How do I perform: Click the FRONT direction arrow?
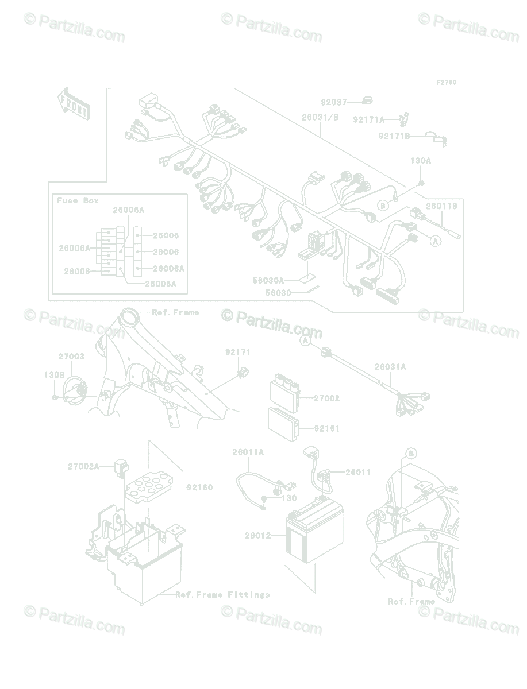(72, 103)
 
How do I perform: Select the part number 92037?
(333, 102)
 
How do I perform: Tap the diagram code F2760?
(446, 83)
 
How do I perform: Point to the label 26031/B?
(320, 117)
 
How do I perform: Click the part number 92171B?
(394, 136)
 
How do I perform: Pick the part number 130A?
(420, 161)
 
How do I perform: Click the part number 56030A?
(268, 280)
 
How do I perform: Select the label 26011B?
(441, 206)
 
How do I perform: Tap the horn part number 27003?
(71, 357)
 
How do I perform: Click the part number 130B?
(55, 374)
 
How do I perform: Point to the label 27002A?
(83, 466)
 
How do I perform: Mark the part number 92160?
(199, 487)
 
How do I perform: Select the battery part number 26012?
(257, 535)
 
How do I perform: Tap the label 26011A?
(248, 452)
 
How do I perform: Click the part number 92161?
(326, 428)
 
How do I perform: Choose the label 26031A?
(390, 366)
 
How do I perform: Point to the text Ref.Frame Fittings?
(222, 594)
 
